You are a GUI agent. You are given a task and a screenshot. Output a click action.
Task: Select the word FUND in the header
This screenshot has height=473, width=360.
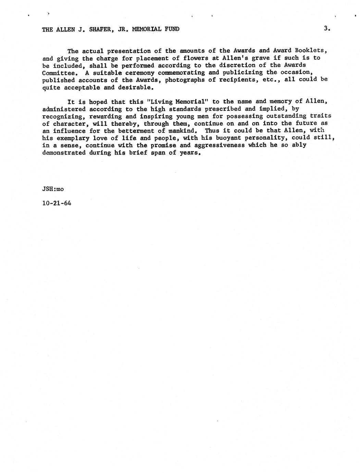pyautogui.click(x=172, y=29)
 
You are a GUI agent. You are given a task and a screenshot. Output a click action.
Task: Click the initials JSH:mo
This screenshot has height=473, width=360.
pyautogui.click(x=53, y=189)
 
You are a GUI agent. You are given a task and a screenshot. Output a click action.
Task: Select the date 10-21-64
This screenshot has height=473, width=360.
pyautogui.click(x=57, y=203)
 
